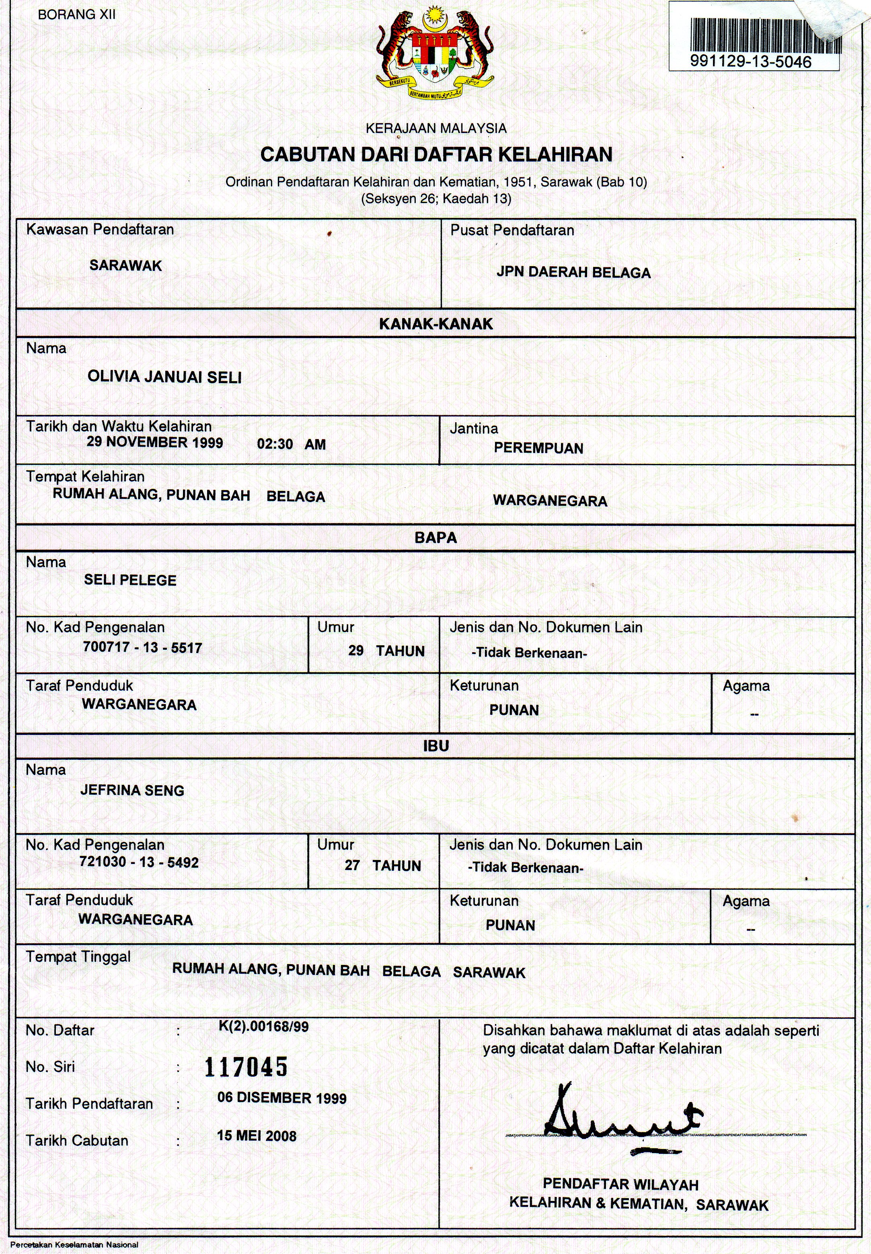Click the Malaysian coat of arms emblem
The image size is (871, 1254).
pyautogui.click(x=435, y=53)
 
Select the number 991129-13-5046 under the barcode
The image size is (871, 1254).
pyautogui.click(x=750, y=62)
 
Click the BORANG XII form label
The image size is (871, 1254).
pyautogui.click(x=76, y=15)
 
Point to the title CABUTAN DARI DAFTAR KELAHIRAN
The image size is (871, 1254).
pyautogui.click(x=436, y=154)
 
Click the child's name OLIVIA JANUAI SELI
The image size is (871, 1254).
pyautogui.click(x=164, y=377)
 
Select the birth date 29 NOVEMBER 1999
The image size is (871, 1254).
pyautogui.click(x=154, y=443)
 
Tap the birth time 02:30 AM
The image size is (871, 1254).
pyautogui.click(x=291, y=444)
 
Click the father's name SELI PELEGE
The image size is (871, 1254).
pyautogui.click(x=130, y=580)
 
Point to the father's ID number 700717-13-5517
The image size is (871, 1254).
pyautogui.click(x=142, y=648)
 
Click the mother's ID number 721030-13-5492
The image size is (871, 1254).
pyautogui.click(x=139, y=863)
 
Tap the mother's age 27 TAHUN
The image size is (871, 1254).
pyautogui.click(x=382, y=866)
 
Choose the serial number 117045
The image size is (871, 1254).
pyautogui.click(x=246, y=1067)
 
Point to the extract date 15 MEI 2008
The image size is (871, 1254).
pyautogui.click(x=257, y=1136)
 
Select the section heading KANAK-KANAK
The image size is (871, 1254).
pyautogui.click(x=435, y=324)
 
